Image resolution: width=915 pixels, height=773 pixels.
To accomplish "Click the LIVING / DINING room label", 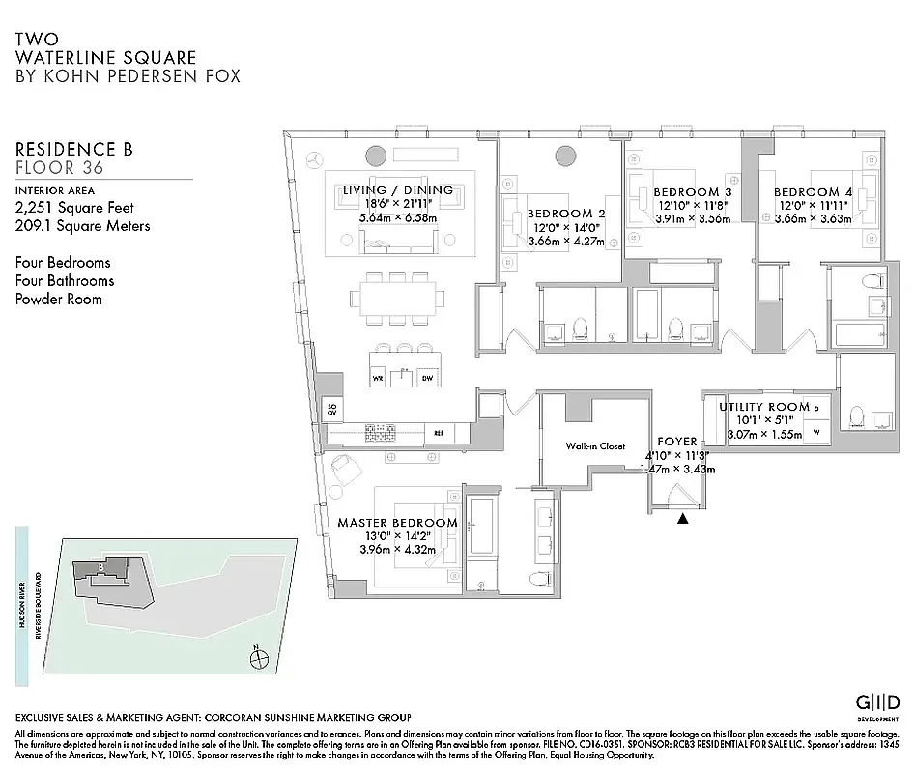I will pos(398,190).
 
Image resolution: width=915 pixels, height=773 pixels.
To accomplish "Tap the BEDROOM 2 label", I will pos(566,214).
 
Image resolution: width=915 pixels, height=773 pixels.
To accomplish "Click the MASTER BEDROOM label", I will pos(397,523).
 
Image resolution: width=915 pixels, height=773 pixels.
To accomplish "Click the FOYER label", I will pos(676,441).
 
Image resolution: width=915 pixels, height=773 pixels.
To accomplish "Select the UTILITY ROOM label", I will pos(763,407).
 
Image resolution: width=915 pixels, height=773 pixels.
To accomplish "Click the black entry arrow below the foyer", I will pos(683,519).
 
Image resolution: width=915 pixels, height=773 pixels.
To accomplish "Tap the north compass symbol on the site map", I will pos(258,660).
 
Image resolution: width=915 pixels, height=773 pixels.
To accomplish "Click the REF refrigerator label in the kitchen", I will pos(438,433).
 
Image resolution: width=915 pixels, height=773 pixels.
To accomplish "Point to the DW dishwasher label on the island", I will pos(426,379).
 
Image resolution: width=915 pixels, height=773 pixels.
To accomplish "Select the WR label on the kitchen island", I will pos(378,379).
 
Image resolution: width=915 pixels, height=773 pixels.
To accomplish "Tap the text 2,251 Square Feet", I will pos(74,208).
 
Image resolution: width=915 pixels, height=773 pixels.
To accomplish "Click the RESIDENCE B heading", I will pos(74,149).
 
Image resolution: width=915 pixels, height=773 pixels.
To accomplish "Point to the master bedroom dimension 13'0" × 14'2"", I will pos(397,536).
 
